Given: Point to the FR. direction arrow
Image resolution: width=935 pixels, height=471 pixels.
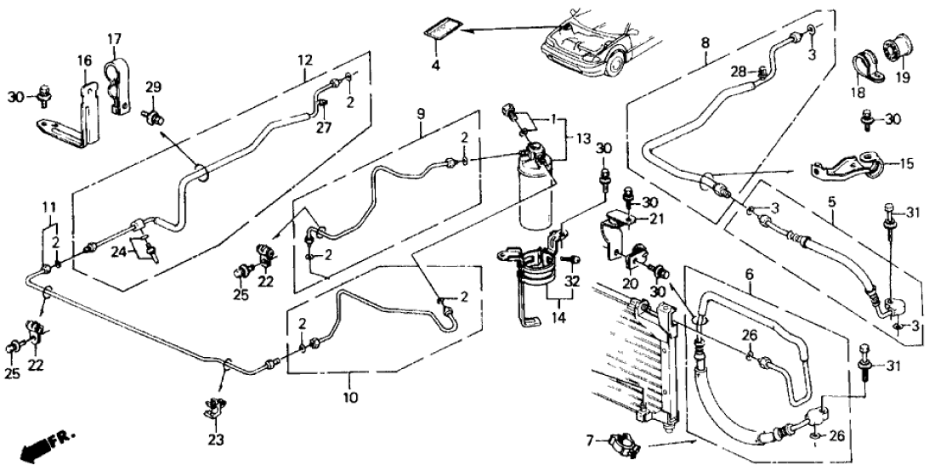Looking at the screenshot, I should (43, 445).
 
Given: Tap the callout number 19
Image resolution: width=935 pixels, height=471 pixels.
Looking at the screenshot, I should (900, 77).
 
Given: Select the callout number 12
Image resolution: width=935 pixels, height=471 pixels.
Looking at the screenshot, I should (305, 60).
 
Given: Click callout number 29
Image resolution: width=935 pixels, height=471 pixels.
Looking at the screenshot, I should (153, 88).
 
